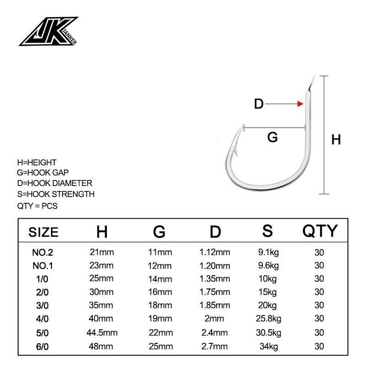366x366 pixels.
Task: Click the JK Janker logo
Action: click(x=48, y=31)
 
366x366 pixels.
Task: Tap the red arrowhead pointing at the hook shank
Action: click(x=300, y=104)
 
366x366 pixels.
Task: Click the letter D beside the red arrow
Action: click(x=259, y=104)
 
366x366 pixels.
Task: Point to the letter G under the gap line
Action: click(x=272, y=137)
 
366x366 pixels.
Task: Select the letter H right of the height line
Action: click(x=336, y=140)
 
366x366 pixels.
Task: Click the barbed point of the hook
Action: click(x=241, y=129)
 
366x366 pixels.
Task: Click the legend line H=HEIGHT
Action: click(x=37, y=162)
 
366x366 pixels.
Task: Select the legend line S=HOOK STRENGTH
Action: click(x=56, y=194)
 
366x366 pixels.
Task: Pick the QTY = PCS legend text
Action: click(x=37, y=206)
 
